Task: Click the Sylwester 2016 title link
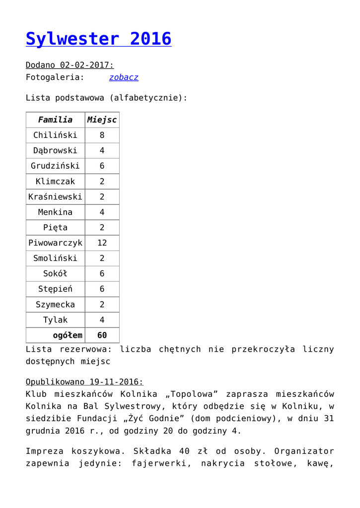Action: [98, 39]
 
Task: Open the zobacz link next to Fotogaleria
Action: [124, 77]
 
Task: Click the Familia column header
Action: [55, 120]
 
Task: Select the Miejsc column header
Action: [102, 120]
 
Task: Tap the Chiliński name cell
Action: [55, 135]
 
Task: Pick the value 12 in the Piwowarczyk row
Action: [102, 243]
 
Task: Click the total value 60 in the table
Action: [102, 335]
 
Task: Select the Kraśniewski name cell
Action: [55, 197]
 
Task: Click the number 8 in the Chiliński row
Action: [102, 135]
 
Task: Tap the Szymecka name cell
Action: [55, 305]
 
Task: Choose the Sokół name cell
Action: [55, 274]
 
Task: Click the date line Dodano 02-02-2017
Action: [70, 65]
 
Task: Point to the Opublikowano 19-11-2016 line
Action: [84, 382]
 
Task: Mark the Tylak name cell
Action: [55, 320]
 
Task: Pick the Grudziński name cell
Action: [55, 166]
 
